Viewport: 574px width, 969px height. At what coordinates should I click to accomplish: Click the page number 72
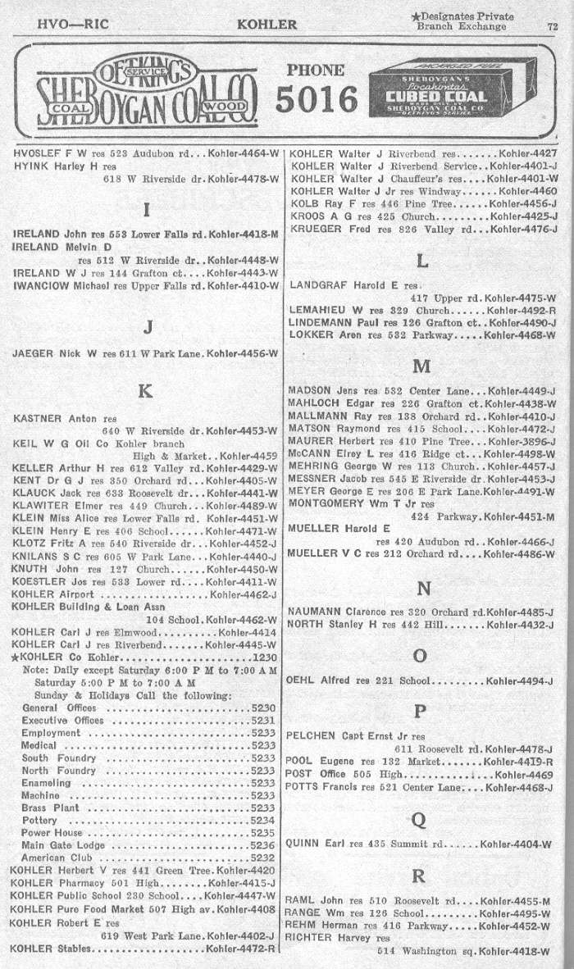click(x=553, y=25)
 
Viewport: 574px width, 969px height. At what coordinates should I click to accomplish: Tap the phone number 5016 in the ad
click(x=317, y=100)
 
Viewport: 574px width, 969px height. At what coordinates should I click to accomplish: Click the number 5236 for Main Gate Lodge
click(x=262, y=845)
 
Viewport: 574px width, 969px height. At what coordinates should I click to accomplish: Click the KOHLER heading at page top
click(x=266, y=25)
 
